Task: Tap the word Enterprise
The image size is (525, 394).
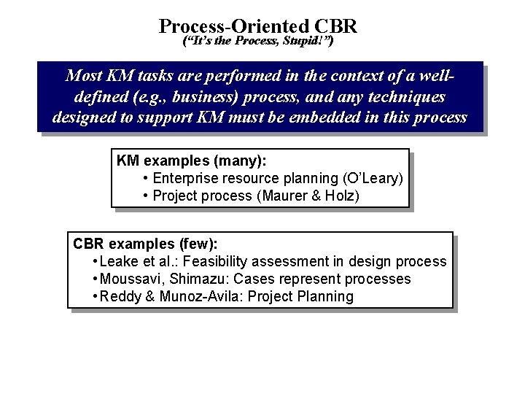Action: [185, 178]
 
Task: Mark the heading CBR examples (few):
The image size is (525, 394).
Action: [144, 244]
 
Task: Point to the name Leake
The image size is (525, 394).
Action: [117, 261]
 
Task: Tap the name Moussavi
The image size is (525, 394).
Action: [128, 279]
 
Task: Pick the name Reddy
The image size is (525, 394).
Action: [118, 296]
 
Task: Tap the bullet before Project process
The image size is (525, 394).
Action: [147, 196]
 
